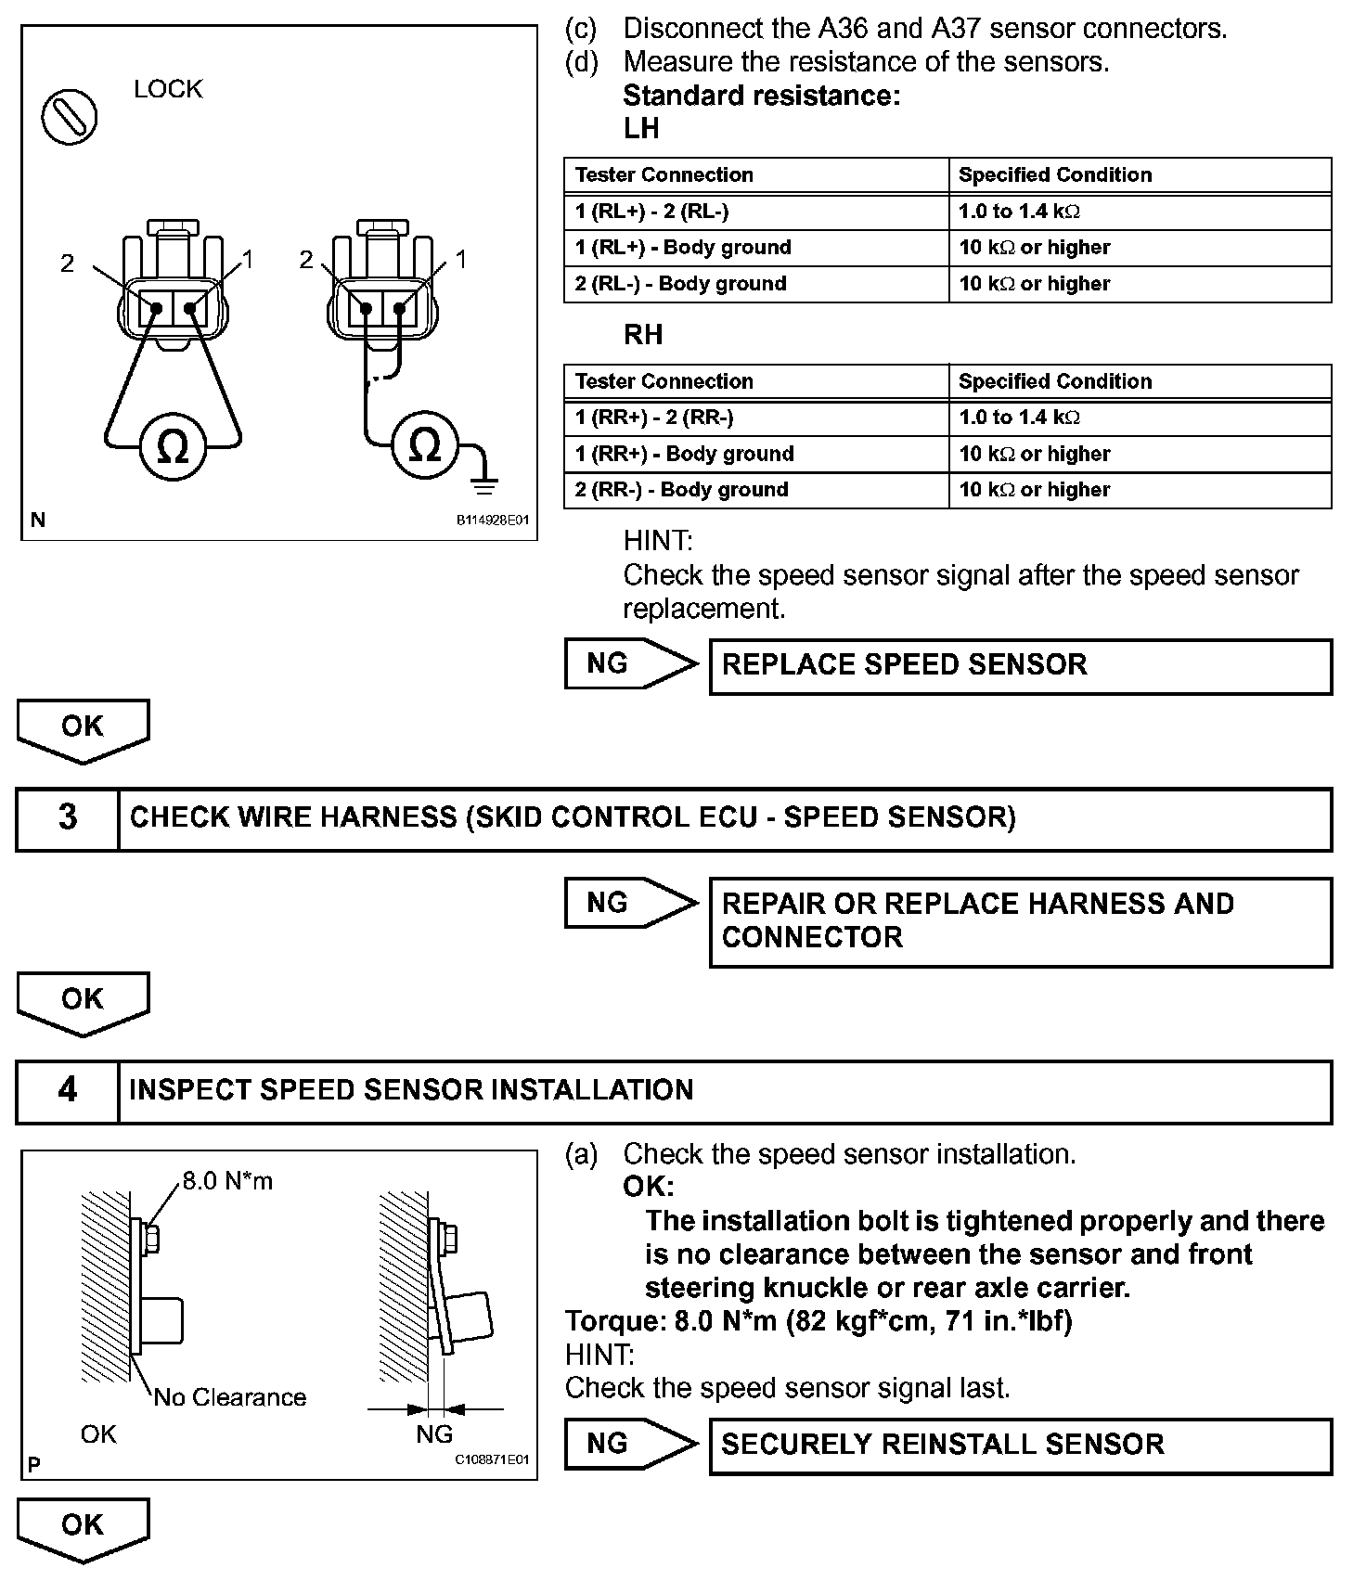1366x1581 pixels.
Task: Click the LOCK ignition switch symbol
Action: (69, 117)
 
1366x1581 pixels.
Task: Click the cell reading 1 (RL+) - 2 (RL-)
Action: (651, 212)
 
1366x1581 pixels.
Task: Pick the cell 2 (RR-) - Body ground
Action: (681, 490)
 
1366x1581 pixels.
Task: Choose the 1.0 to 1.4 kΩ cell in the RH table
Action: (1019, 418)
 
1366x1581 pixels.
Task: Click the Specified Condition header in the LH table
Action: (1054, 175)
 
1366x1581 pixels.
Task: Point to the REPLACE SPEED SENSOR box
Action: (1020, 666)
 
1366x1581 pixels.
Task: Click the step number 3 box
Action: (68, 818)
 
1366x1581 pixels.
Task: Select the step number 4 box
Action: (68, 1090)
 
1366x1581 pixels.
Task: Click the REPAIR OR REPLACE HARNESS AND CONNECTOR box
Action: (1020, 921)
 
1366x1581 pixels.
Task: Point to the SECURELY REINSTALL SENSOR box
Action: (1020, 1445)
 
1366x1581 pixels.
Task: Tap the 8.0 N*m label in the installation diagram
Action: (227, 1181)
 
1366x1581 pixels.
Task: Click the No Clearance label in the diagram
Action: (230, 1397)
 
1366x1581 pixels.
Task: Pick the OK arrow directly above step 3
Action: (83, 730)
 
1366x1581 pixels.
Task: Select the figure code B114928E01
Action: (491, 521)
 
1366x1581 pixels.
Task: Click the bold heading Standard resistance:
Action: (761, 96)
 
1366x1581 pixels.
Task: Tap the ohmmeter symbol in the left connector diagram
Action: (174, 448)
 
